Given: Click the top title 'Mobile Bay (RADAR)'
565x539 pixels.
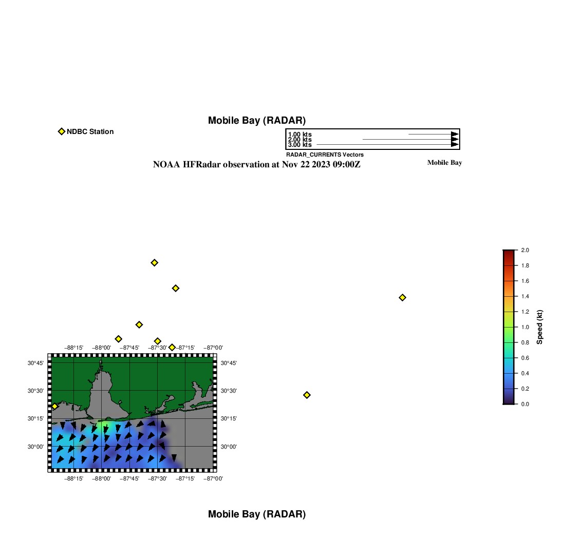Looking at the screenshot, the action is (x=256, y=120).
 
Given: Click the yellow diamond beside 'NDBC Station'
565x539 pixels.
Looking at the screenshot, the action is (x=62, y=131).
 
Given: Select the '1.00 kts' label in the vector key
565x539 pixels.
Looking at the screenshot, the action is (x=300, y=134).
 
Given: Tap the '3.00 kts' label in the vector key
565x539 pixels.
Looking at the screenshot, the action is (x=300, y=145).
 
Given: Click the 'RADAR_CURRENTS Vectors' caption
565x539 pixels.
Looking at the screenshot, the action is (x=325, y=155).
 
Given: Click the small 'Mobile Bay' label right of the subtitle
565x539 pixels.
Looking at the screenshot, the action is (x=444, y=162).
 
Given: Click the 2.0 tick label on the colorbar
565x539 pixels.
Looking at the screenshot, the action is (x=525, y=250).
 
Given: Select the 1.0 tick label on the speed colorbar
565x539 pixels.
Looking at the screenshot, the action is (x=525, y=327).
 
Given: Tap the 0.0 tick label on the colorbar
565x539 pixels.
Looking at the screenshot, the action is (x=525, y=404).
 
